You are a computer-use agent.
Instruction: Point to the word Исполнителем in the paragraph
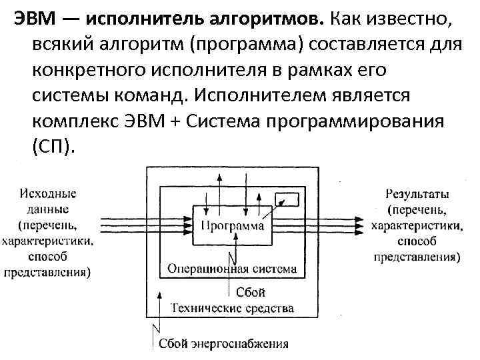click(x=265, y=94)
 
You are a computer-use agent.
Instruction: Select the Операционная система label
click(x=231, y=269)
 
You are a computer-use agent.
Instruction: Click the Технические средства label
click(x=231, y=308)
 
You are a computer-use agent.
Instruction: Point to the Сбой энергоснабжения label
click(x=223, y=344)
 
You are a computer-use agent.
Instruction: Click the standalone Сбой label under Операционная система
click(x=251, y=293)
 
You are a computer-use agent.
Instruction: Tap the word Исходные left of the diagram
click(x=48, y=193)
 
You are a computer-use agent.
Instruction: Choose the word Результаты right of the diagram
click(x=417, y=193)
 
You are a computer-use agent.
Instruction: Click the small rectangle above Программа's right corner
click(x=288, y=199)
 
